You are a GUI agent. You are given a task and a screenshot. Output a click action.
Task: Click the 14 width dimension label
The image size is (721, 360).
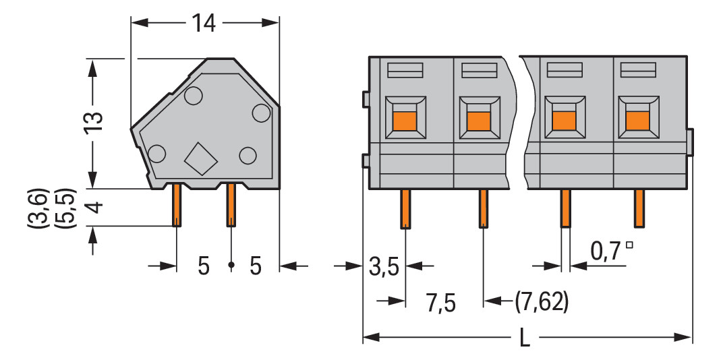click(x=203, y=24)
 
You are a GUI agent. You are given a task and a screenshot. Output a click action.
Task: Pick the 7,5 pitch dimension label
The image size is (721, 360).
click(x=441, y=303)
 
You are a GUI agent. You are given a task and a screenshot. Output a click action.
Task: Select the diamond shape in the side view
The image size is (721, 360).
click(x=201, y=159)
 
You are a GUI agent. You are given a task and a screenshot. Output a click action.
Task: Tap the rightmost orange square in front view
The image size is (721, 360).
click(x=637, y=120)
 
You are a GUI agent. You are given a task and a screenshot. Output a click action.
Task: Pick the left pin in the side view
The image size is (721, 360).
click(x=177, y=205)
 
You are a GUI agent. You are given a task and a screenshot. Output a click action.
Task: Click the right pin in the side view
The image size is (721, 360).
click(x=230, y=205)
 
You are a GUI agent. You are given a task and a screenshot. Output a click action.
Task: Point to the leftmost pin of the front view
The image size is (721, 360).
click(x=405, y=208)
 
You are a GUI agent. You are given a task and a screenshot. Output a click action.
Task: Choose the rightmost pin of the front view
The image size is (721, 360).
click(x=638, y=208)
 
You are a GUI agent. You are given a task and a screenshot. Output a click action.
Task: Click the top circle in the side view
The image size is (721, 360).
click(x=193, y=96)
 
